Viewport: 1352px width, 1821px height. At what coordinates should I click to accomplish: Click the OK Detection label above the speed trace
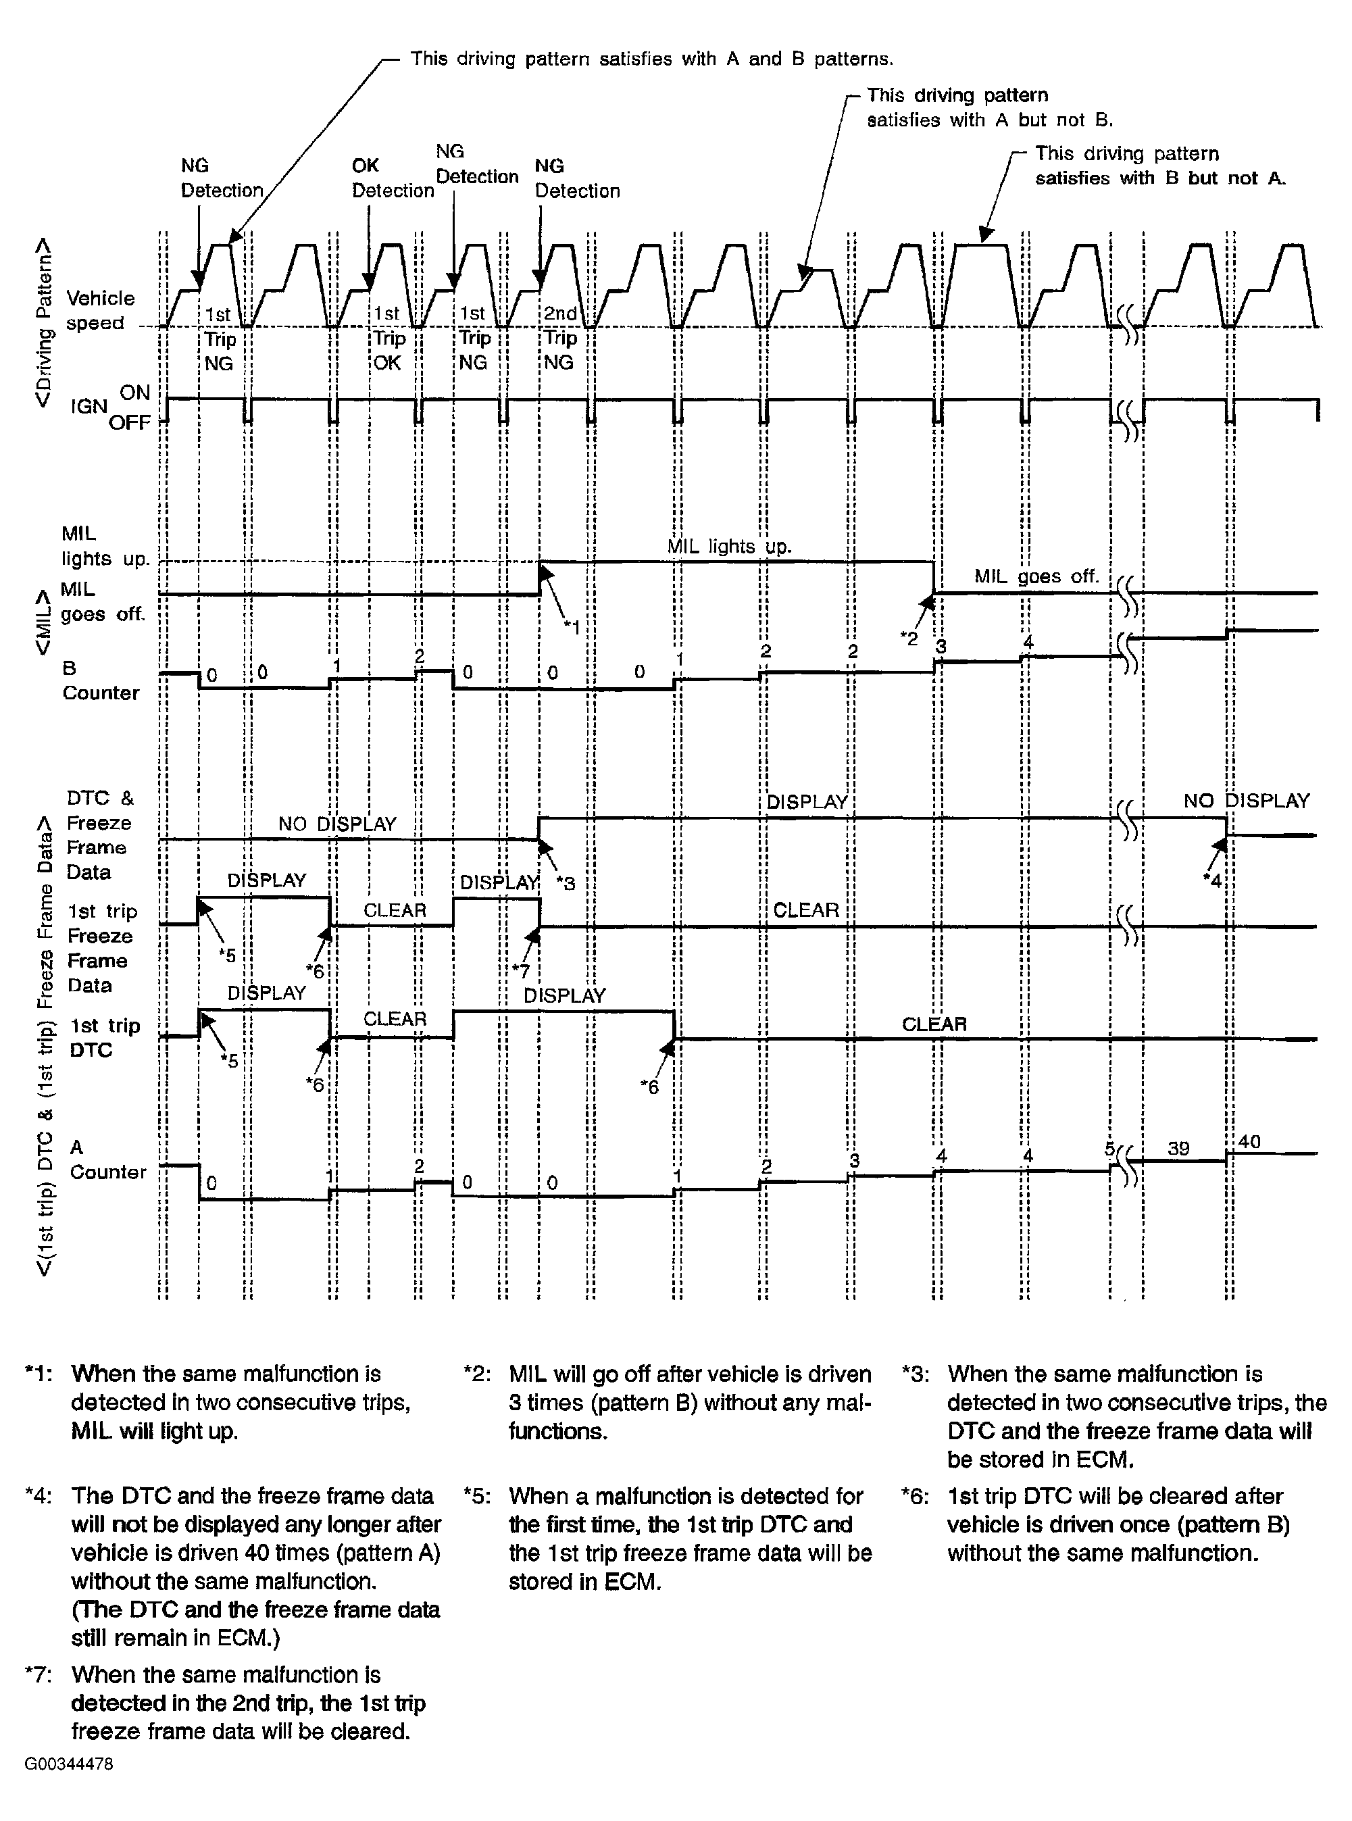coord(392,178)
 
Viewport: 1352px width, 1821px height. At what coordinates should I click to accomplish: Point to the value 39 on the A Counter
coord(1178,1148)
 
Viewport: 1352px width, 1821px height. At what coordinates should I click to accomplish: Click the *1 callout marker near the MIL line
coord(572,628)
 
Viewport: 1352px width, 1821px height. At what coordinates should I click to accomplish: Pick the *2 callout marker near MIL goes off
coord(908,639)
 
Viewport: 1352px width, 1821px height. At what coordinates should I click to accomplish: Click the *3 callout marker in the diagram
coord(566,883)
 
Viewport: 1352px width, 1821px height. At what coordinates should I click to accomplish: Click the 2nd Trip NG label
coord(561,338)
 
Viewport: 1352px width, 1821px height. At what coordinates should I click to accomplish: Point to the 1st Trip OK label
coord(388,338)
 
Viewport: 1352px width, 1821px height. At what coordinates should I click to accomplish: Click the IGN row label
coord(89,407)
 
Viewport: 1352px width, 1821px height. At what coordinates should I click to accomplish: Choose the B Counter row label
coord(100,681)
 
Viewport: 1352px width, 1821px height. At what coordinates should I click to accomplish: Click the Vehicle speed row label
coord(100,310)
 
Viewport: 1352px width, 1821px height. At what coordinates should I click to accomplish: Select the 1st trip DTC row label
coord(103,1038)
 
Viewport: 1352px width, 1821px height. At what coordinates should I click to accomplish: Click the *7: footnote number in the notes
coord(39,1674)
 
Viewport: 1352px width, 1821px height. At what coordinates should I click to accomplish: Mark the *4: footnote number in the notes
coord(39,1496)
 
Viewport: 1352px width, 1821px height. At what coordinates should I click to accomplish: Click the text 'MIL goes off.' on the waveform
coord(1036,576)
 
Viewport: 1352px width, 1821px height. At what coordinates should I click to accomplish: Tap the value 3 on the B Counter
coord(941,647)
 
